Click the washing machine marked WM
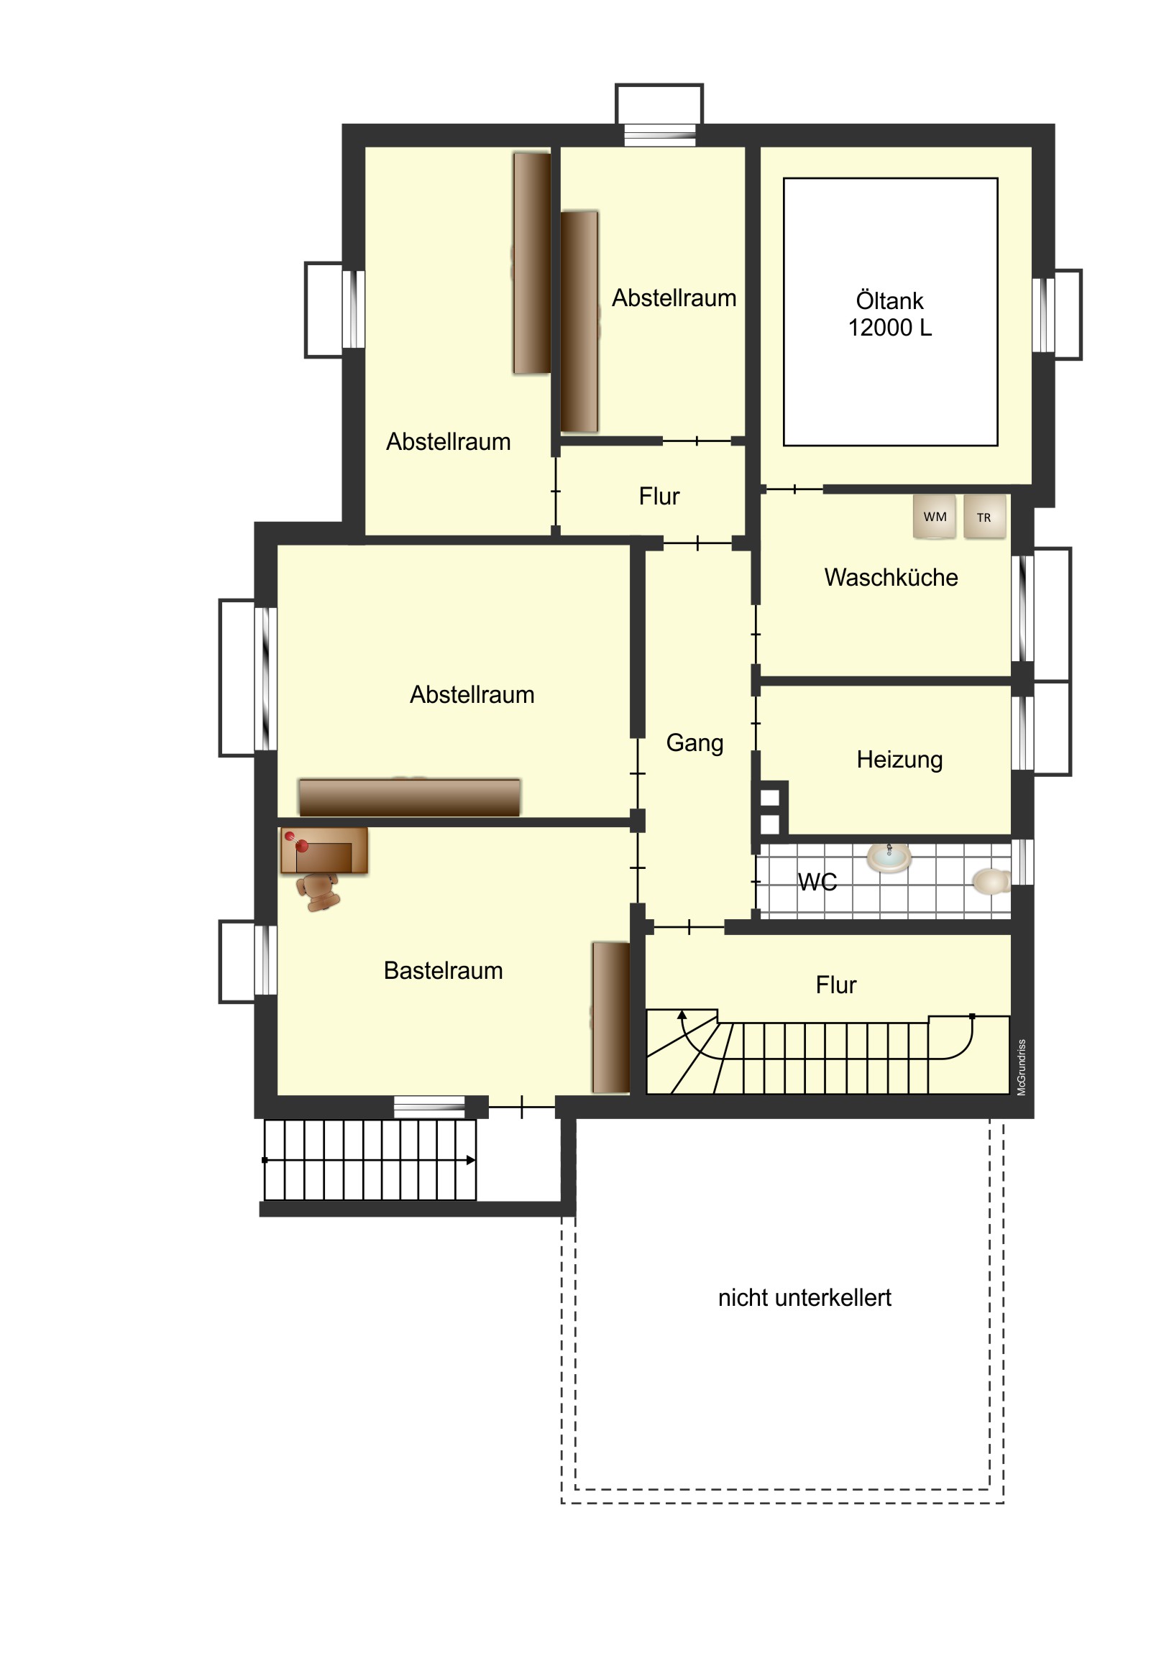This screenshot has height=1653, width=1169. point(934,516)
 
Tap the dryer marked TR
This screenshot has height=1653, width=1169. point(984,517)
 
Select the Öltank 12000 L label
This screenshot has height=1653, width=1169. point(889,314)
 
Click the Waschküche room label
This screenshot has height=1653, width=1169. point(891,577)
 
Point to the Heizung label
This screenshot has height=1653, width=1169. point(899,760)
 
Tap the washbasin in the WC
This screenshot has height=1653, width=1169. point(889,857)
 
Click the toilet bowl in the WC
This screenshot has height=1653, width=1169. point(992,881)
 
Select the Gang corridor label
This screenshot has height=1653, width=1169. point(694,743)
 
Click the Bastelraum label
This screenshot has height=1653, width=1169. point(443,970)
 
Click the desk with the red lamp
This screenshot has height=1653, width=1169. point(324,850)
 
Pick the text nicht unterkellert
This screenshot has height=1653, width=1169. point(804,1297)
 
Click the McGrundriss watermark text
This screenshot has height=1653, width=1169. point(1021,1068)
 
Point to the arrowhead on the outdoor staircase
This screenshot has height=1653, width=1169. point(471,1160)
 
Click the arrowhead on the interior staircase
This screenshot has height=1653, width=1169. point(682,1014)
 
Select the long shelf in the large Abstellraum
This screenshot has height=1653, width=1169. point(409,797)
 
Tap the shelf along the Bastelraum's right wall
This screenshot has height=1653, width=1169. point(611,1017)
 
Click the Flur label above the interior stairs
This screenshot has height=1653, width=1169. point(835,985)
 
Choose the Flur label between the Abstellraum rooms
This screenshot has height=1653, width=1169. point(659,496)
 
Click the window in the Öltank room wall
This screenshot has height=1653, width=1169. point(1044,315)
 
